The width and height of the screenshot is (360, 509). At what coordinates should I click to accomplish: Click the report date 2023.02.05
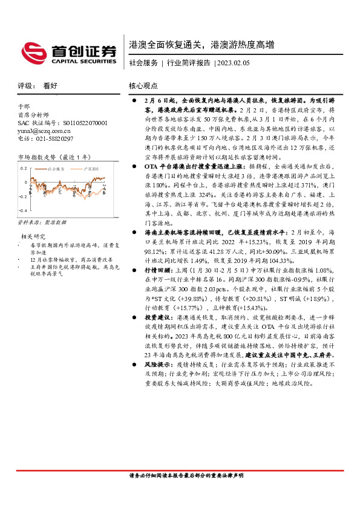click(x=233, y=62)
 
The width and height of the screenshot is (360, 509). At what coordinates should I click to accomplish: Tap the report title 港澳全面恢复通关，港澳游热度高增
click(x=201, y=45)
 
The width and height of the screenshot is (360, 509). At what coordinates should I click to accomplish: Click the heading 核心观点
click(x=143, y=86)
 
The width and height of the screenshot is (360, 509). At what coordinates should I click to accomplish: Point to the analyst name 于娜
click(x=24, y=105)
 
